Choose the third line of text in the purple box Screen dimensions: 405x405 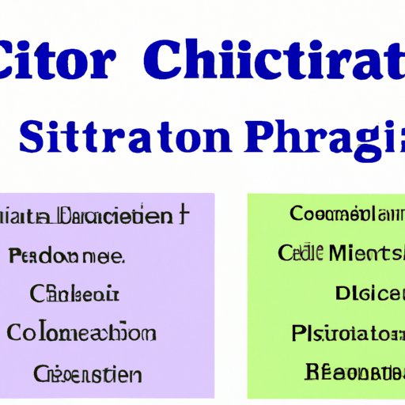pyautogui.click(x=75, y=294)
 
